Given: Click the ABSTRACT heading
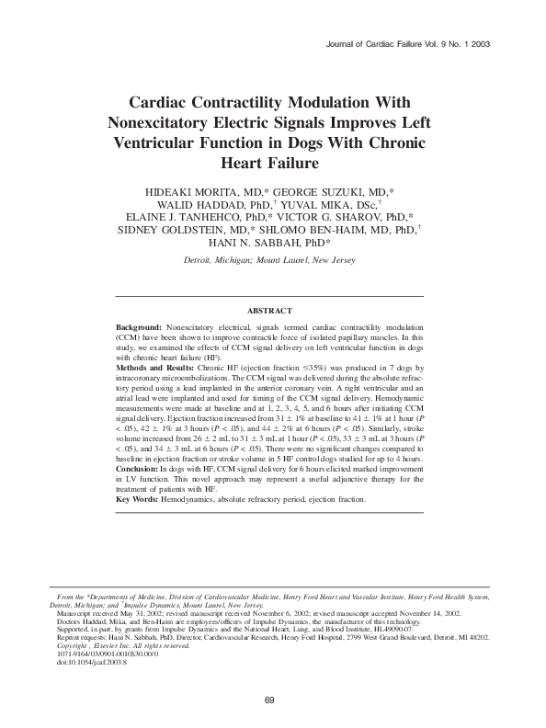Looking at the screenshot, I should coord(270,312).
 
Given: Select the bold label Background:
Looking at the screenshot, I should coord(139,327).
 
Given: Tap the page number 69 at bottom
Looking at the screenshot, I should coord(269,700).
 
